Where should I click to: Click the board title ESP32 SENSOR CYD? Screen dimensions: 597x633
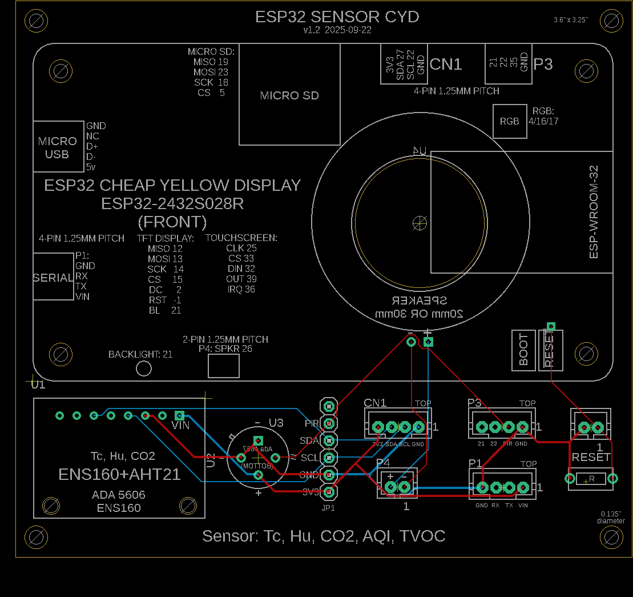(x=337, y=17)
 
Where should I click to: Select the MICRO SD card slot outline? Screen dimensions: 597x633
(x=289, y=95)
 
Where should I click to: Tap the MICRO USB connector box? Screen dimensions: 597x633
(x=58, y=147)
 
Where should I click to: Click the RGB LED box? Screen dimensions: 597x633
(x=510, y=121)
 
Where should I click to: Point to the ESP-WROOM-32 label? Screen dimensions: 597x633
(x=594, y=212)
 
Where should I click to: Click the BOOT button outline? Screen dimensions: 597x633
(x=523, y=350)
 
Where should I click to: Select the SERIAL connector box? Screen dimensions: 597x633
(x=53, y=278)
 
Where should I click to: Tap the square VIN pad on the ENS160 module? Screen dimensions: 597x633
(x=179, y=415)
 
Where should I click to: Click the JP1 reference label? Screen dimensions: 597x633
(x=328, y=507)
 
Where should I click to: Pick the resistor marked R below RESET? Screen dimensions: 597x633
(x=591, y=479)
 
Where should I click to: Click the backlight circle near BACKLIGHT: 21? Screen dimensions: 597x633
(x=144, y=368)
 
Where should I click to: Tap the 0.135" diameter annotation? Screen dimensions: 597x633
(x=611, y=517)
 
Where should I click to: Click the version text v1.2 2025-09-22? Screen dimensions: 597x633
(x=338, y=30)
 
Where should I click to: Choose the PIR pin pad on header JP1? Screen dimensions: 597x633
(x=329, y=423)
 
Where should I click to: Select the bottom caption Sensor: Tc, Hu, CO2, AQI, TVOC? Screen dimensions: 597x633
(x=324, y=536)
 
